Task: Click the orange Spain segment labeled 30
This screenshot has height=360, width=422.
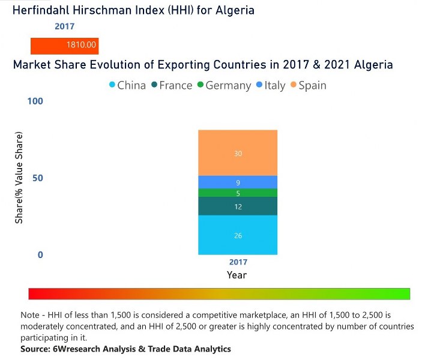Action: click(x=238, y=153)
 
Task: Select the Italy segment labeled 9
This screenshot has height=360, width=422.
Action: click(x=238, y=182)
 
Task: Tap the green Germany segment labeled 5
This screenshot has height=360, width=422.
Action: click(x=238, y=193)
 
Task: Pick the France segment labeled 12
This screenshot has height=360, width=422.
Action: click(x=238, y=206)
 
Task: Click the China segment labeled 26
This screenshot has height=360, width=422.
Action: click(x=238, y=235)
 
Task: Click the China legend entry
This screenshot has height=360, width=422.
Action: click(x=127, y=85)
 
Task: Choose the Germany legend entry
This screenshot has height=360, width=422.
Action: click(x=223, y=85)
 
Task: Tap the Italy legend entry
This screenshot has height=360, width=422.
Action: click(x=270, y=85)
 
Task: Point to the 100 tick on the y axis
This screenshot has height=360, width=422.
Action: click(x=35, y=101)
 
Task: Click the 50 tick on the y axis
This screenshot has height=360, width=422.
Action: click(x=37, y=178)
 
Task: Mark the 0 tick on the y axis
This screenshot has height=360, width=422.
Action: click(x=40, y=255)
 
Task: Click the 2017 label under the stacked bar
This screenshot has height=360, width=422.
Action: click(x=238, y=262)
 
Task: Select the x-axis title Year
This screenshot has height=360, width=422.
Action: click(x=237, y=275)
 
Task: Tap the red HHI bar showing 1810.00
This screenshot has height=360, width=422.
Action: click(x=65, y=46)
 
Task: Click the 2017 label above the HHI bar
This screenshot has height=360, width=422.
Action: click(x=65, y=26)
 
